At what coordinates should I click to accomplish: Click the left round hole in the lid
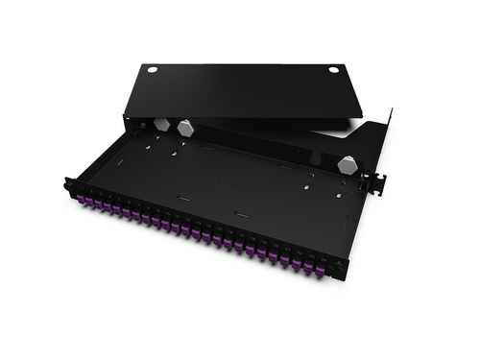pos(151,69)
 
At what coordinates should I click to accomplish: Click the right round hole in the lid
pos(334,69)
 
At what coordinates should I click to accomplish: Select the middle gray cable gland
pos(185,127)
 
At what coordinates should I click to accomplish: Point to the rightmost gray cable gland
pos(345,162)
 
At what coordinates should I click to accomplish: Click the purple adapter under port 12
pos(194,232)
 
